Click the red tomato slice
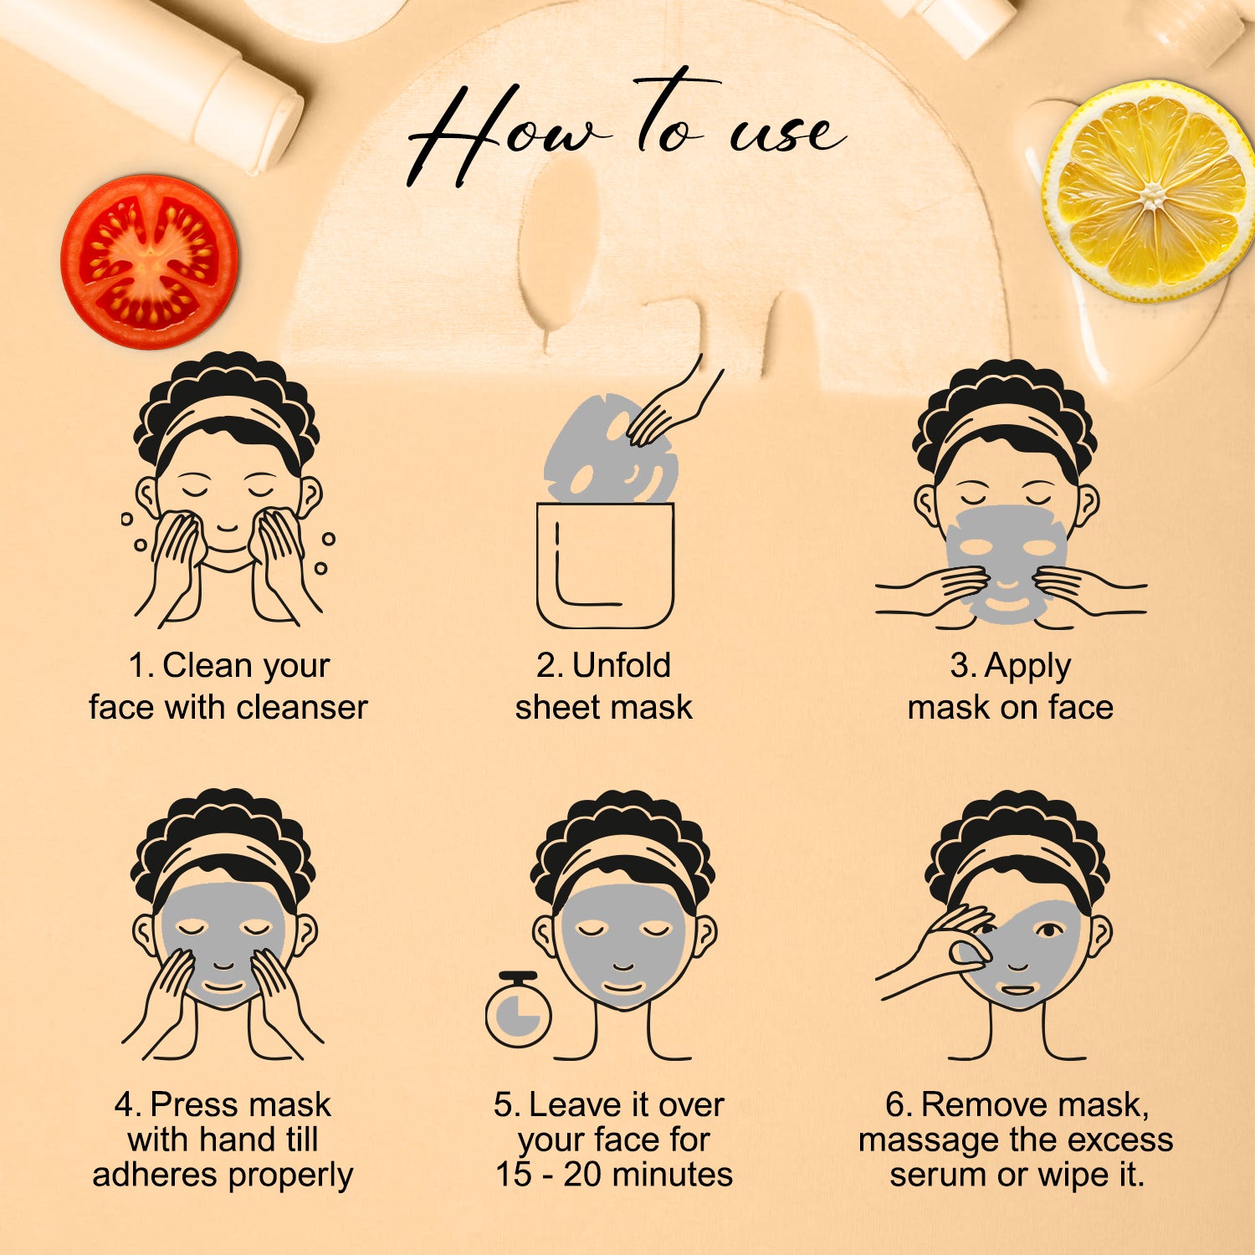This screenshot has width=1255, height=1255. (149, 261)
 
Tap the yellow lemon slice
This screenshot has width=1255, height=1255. (1150, 191)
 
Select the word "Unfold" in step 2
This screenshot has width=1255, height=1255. (622, 666)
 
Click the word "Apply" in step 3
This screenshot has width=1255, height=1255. (1027, 668)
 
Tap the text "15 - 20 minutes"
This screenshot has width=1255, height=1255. (614, 1174)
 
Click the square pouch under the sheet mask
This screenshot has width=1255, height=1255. (605, 565)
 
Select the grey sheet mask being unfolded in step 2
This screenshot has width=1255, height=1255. (609, 449)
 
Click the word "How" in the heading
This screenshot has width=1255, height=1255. (502, 134)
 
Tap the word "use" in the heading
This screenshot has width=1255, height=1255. (786, 134)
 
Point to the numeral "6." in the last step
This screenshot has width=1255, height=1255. (898, 1105)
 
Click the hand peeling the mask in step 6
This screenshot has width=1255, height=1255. (935, 954)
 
